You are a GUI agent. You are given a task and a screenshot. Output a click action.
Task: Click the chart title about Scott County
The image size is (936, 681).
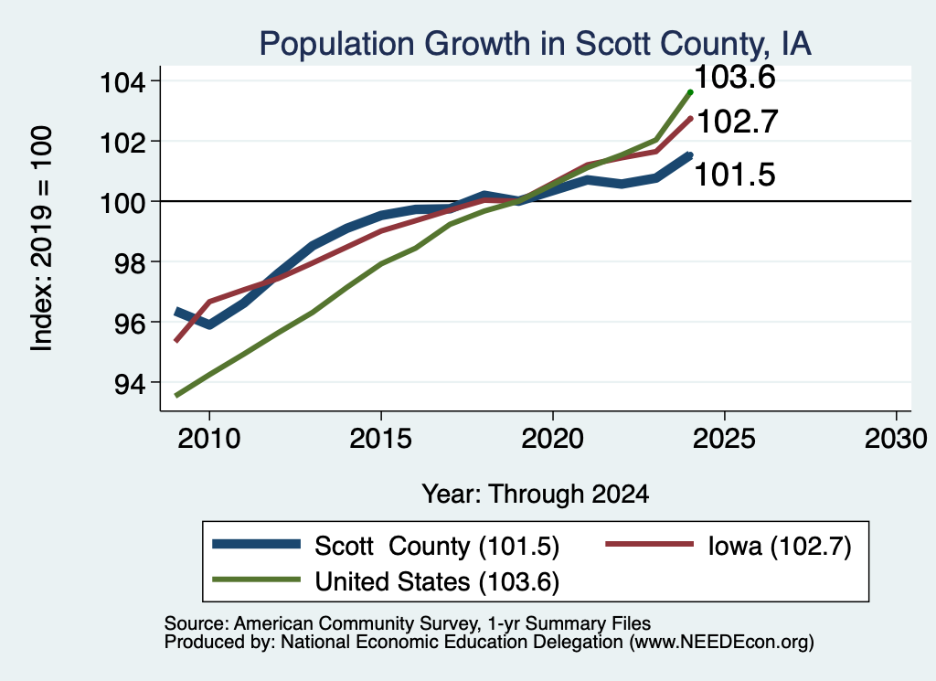click(x=535, y=44)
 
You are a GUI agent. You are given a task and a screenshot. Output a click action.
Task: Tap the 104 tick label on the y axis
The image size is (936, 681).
click(x=122, y=82)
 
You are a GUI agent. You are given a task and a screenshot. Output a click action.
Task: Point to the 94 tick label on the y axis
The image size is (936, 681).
click(x=129, y=384)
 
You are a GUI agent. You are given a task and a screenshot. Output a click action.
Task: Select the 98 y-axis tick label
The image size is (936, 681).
click(x=129, y=263)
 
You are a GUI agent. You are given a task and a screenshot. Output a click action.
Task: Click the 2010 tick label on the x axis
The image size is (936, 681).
click(x=209, y=440)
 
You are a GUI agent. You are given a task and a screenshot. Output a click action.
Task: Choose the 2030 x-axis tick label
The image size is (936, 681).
click(x=896, y=440)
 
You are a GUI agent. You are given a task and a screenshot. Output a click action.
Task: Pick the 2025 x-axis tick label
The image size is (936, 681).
click(x=724, y=440)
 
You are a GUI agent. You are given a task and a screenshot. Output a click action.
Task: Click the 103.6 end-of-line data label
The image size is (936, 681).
click(x=735, y=78)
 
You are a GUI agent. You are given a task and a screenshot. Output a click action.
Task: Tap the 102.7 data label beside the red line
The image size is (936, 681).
click(x=738, y=122)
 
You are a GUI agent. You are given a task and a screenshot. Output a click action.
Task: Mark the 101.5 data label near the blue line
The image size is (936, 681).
click(x=735, y=175)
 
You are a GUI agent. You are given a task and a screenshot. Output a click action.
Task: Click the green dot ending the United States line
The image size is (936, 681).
click(x=690, y=92)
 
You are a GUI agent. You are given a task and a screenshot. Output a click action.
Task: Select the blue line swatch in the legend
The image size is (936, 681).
click(x=256, y=544)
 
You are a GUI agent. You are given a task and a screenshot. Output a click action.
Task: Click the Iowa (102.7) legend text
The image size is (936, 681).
click(x=780, y=546)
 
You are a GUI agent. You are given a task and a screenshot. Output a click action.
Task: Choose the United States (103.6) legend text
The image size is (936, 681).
click(x=437, y=582)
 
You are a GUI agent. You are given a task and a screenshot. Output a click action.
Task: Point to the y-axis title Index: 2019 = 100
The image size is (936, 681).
click(x=42, y=239)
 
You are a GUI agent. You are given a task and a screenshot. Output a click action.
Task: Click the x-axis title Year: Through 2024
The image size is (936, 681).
click(x=536, y=495)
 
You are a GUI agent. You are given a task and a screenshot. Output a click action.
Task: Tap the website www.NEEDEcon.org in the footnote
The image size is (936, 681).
click(x=721, y=643)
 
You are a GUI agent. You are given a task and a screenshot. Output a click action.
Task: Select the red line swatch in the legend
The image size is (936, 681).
click(x=650, y=544)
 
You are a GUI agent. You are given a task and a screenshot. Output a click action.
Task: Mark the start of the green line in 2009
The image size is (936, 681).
click(x=176, y=395)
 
